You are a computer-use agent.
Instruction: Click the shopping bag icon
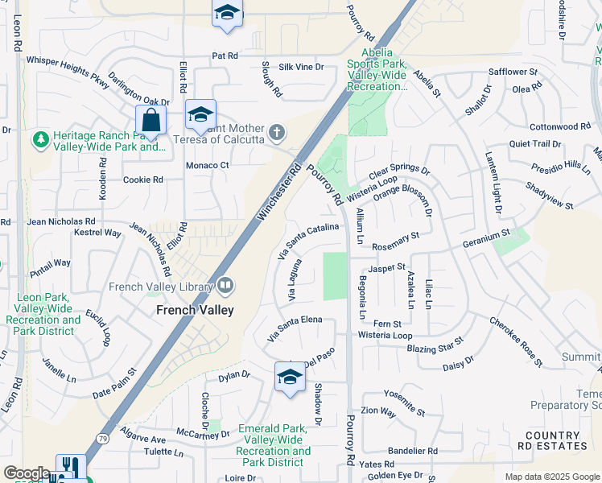tap(150, 121)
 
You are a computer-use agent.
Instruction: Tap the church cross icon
tap(277, 132)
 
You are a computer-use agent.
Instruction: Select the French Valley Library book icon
tap(225, 285)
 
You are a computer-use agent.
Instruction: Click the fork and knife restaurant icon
tap(70, 467)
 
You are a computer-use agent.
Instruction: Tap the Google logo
tap(27, 473)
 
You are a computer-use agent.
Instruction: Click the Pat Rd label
tap(225, 56)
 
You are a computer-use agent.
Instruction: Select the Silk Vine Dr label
tap(301, 68)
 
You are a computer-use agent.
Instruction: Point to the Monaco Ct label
tap(208, 165)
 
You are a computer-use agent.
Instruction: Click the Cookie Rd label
tap(142, 180)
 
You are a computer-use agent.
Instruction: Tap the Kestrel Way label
tap(97, 233)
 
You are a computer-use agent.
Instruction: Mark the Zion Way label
tap(378, 411)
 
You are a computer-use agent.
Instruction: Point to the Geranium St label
tap(486, 237)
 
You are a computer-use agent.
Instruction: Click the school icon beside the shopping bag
tap(200, 115)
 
